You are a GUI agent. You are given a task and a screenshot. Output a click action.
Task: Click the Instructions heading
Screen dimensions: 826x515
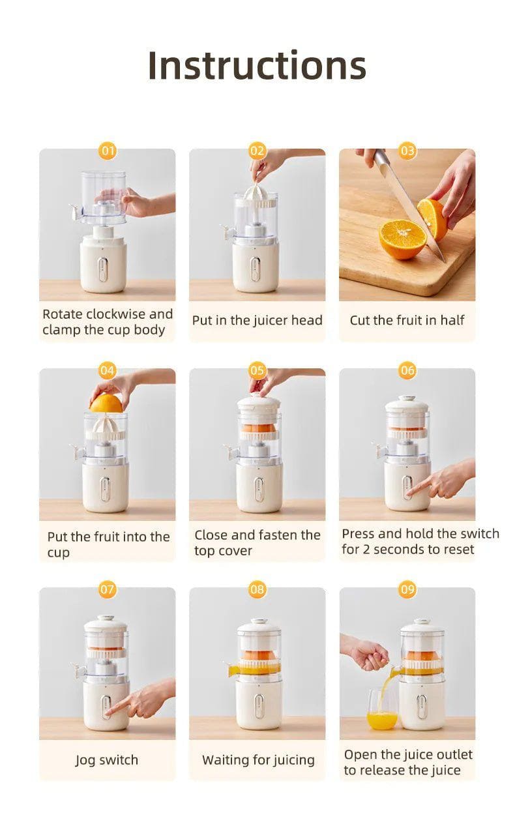tap(257, 65)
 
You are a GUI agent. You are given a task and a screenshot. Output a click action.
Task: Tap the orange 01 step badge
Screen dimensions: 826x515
tap(108, 151)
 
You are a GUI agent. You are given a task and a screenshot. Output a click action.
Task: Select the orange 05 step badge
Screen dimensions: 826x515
tap(257, 371)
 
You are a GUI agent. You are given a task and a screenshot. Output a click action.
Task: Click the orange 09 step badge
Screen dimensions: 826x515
tap(407, 590)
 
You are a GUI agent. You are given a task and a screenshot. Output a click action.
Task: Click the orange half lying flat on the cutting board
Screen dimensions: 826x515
tap(401, 238)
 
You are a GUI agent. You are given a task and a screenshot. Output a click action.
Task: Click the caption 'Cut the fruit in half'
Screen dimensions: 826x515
tap(407, 320)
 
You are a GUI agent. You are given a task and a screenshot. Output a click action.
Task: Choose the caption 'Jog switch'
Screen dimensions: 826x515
tap(107, 760)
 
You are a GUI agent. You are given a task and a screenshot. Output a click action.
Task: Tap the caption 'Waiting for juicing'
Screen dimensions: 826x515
tap(258, 760)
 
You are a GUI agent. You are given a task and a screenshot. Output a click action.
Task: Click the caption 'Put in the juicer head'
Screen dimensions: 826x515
tap(257, 320)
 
